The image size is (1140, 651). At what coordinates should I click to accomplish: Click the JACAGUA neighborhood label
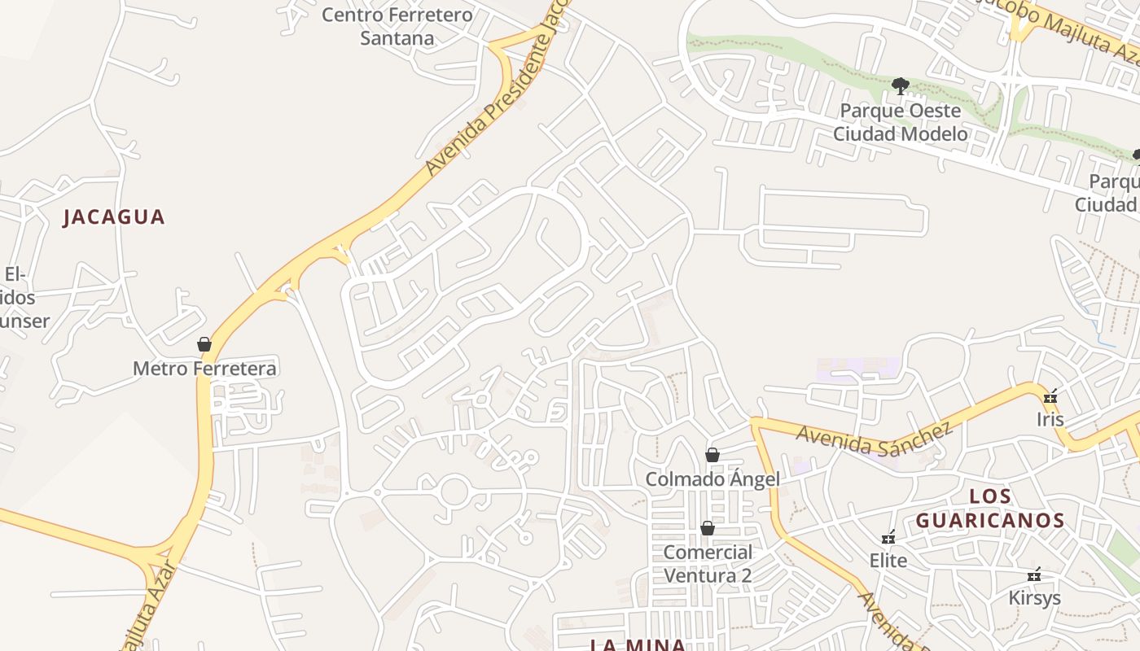114,217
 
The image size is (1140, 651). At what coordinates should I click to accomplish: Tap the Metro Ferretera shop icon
204,345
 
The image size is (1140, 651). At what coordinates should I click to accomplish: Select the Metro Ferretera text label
204,369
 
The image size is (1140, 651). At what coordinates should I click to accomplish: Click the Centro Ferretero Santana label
397,26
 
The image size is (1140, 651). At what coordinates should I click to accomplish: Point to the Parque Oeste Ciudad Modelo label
900,122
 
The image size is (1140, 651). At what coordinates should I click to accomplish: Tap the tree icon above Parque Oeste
900,85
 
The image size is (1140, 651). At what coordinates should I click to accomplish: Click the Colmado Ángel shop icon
712,455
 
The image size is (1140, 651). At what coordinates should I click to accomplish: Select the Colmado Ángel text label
712,479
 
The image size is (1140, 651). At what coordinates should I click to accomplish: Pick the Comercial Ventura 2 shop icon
708,529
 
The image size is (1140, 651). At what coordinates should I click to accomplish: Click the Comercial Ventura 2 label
708,564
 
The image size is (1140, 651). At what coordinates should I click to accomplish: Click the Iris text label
1050,420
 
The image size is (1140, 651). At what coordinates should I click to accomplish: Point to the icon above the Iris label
1050,397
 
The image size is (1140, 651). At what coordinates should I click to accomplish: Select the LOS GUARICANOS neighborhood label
990,509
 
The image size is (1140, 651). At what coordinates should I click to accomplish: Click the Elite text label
888,561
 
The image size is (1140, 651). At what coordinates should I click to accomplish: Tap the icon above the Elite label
888,538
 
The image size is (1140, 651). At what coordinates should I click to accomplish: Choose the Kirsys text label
1035,598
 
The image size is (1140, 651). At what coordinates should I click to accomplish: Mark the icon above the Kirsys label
1034,575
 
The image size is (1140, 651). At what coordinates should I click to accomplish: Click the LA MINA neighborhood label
638,645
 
